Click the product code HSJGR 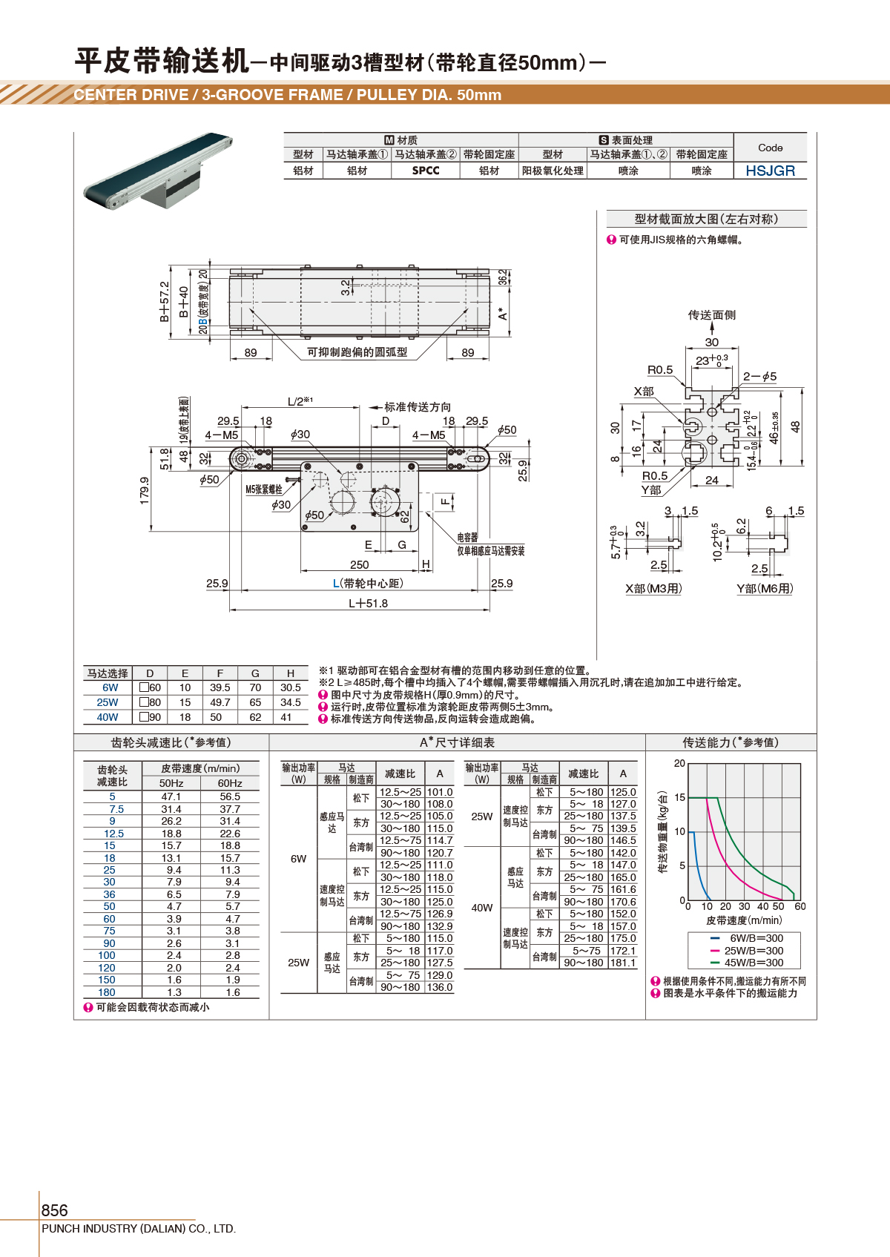(770, 171)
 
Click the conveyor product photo (158, 171)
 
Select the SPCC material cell (426, 171)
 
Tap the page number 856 (54, 1210)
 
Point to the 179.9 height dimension (144, 490)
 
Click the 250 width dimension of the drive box (359, 564)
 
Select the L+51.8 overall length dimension (368, 603)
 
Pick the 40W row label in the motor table (108, 717)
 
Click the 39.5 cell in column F (220, 687)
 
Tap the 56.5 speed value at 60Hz (230, 796)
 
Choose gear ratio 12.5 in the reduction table (113, 834)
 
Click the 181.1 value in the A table (623, 963)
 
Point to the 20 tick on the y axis (679, 763)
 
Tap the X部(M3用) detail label (653, 588)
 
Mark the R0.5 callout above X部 (660, 370)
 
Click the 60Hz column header (229, 783)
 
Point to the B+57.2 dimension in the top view (164, 301)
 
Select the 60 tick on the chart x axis (800, 906)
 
